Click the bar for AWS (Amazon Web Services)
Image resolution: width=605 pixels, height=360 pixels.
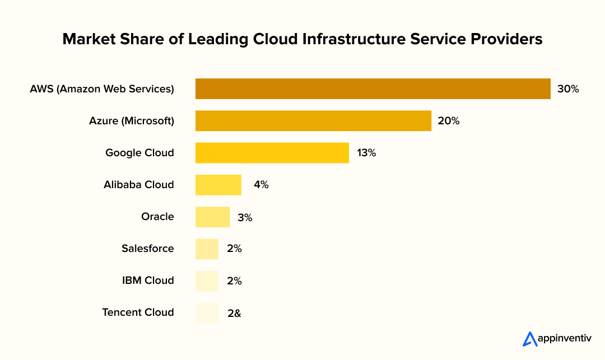373,89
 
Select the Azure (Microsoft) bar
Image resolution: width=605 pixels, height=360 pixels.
313,121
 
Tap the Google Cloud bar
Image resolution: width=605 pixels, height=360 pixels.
272,153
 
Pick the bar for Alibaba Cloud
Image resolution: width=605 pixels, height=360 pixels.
218,185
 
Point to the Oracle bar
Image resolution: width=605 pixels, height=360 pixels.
212,217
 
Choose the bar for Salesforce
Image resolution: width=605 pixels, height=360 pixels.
207,249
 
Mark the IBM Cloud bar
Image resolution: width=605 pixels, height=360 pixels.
207,280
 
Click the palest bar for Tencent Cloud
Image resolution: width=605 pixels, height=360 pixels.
207,312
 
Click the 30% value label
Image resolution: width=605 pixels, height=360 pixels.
567,89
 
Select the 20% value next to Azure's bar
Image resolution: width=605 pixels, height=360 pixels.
448,121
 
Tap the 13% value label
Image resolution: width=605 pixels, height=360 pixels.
366,153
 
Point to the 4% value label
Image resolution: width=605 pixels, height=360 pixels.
260,185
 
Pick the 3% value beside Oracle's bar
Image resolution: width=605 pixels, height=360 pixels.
245,217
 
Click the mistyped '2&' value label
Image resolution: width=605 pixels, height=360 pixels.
234,313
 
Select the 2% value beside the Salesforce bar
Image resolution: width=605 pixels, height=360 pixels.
234,249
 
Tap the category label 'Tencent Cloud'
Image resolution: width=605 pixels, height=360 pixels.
138,312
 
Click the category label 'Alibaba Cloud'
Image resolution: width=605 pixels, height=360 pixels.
138,185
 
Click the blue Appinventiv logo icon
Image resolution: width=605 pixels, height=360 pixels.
529,339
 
